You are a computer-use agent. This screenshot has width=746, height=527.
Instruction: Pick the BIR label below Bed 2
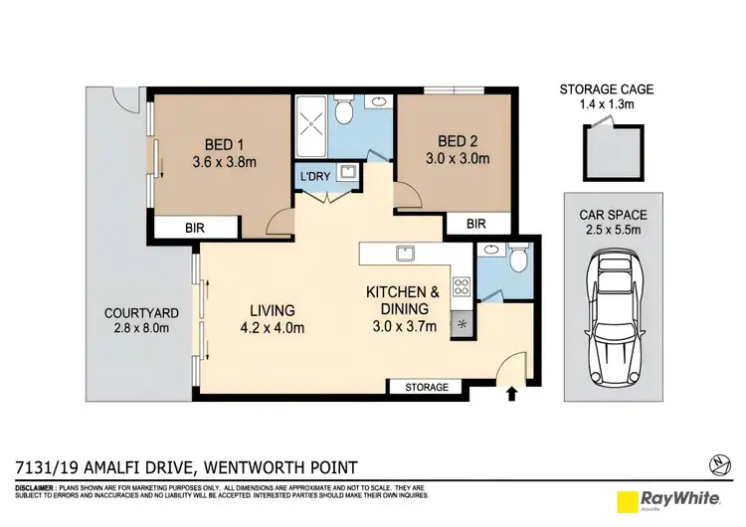coord(475,225)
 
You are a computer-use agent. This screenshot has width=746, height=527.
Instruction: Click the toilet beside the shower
coord(343,111)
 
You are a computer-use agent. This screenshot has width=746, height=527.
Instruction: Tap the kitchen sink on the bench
coord(405,253)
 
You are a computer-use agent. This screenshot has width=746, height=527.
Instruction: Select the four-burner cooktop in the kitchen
coord(463,288)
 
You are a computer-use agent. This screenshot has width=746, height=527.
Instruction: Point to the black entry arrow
coord(513,394)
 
